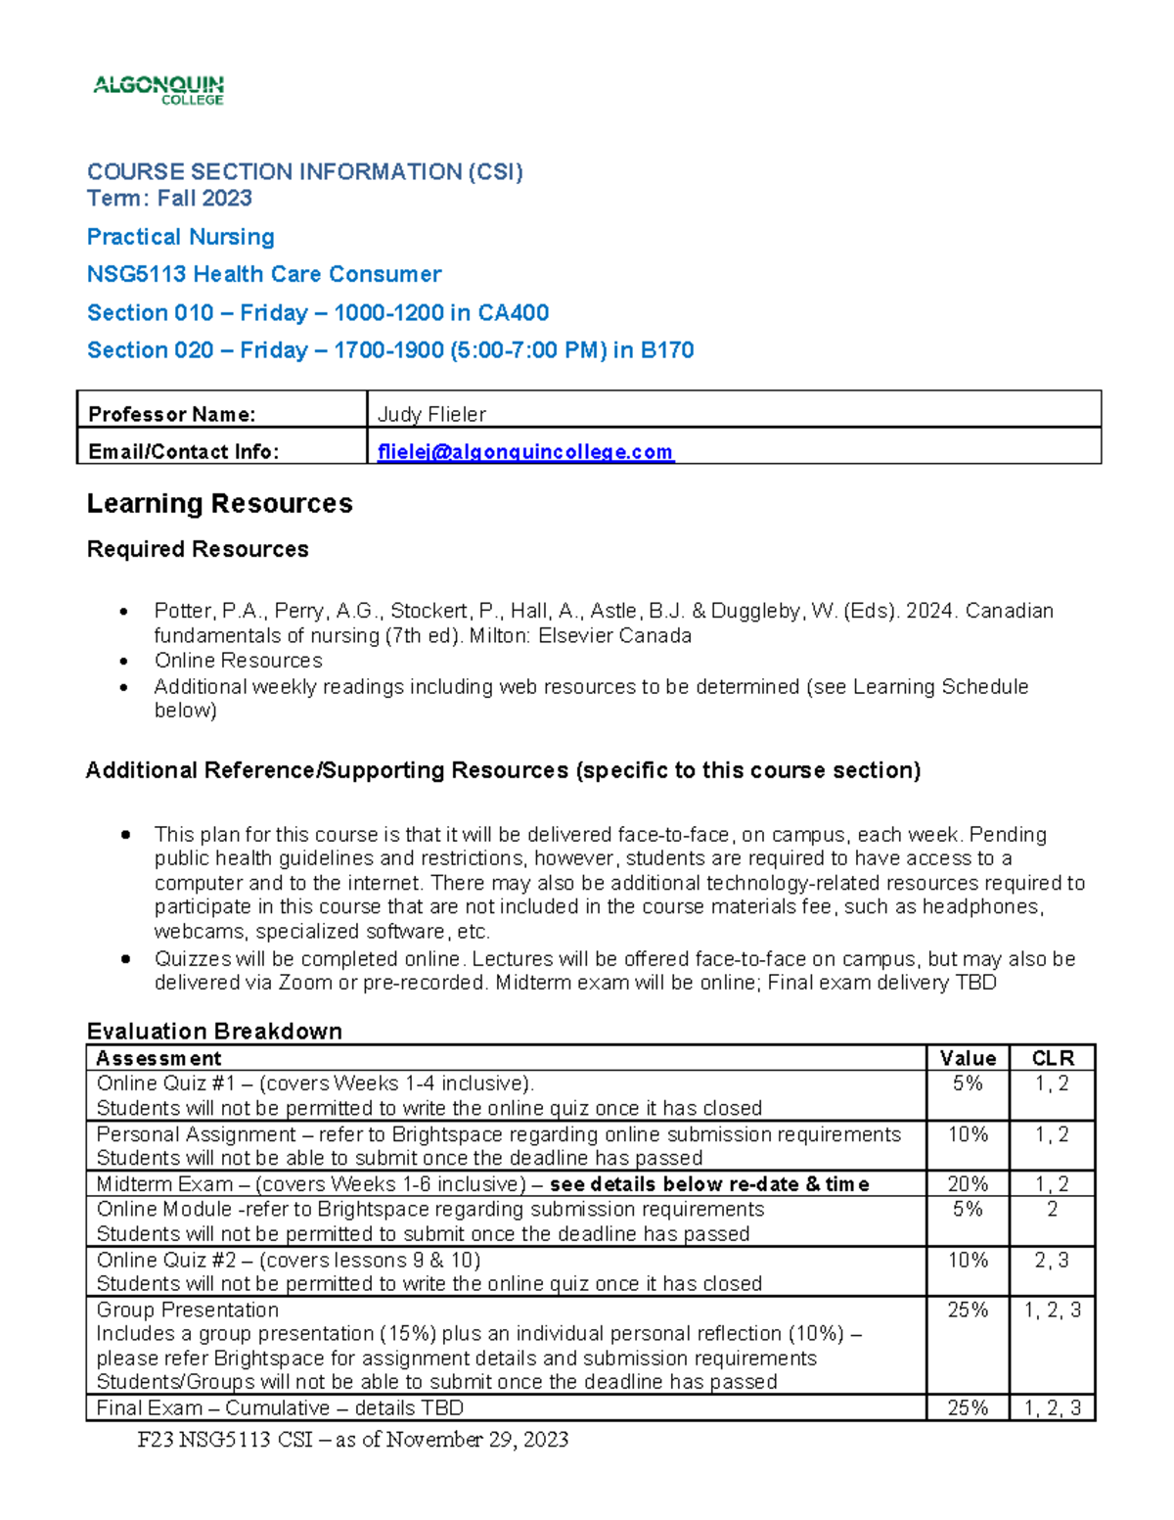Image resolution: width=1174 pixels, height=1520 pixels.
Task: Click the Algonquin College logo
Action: pos(158,90)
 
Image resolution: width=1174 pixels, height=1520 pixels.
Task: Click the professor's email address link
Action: pos(525,451)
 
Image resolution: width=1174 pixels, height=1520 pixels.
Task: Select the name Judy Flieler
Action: pos(431,414)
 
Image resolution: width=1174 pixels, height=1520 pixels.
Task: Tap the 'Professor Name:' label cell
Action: pos(172,414)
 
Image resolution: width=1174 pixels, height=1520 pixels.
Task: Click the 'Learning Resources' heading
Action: pos(219,503)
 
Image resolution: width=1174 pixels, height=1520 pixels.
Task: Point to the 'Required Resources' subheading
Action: pos(198,549)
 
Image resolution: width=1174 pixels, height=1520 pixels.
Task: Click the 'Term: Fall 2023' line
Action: pos(169,198)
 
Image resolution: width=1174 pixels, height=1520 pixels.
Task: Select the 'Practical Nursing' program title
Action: pos(180,237)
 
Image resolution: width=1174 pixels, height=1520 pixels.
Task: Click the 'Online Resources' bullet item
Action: pos(238,661)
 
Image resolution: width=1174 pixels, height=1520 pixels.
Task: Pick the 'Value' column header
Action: pos(968,1058)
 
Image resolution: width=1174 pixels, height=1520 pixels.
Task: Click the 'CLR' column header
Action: pos(1053,1058)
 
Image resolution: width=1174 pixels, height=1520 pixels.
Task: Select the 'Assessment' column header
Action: pos(158,1058)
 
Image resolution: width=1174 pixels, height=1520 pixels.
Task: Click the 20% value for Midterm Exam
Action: pos(968,1184)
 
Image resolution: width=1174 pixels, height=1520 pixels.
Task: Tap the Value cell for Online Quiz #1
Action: pos(968,1083)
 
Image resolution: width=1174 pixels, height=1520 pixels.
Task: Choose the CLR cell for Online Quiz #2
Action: pos(1052,1260)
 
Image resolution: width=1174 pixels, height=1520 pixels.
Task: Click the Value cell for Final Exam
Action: pos(968,1407)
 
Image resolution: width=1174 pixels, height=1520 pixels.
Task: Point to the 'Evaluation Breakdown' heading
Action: pos(214,1031)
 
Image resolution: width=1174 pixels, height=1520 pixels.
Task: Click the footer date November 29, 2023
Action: pos(477,1439)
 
